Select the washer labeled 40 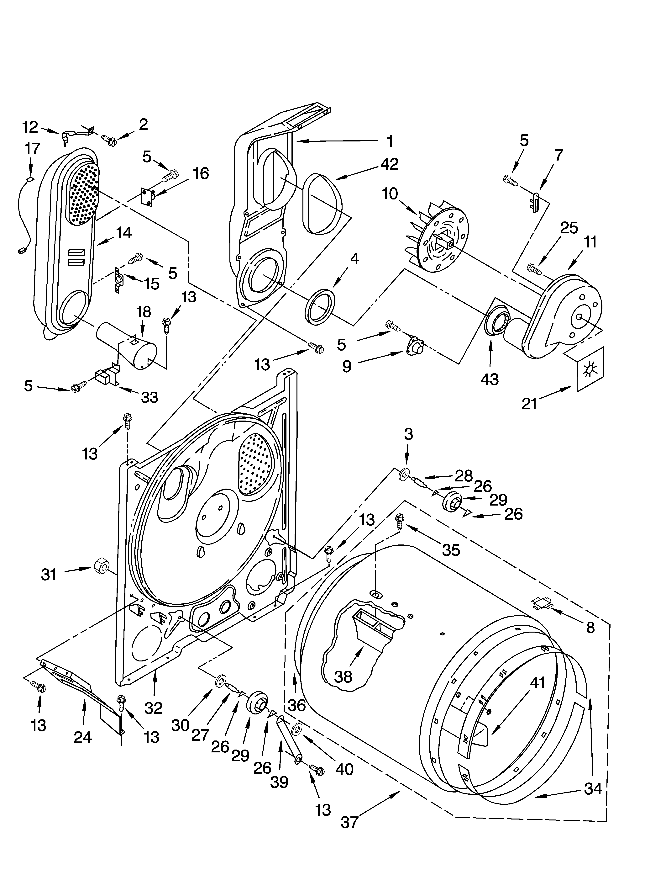point(297,729)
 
